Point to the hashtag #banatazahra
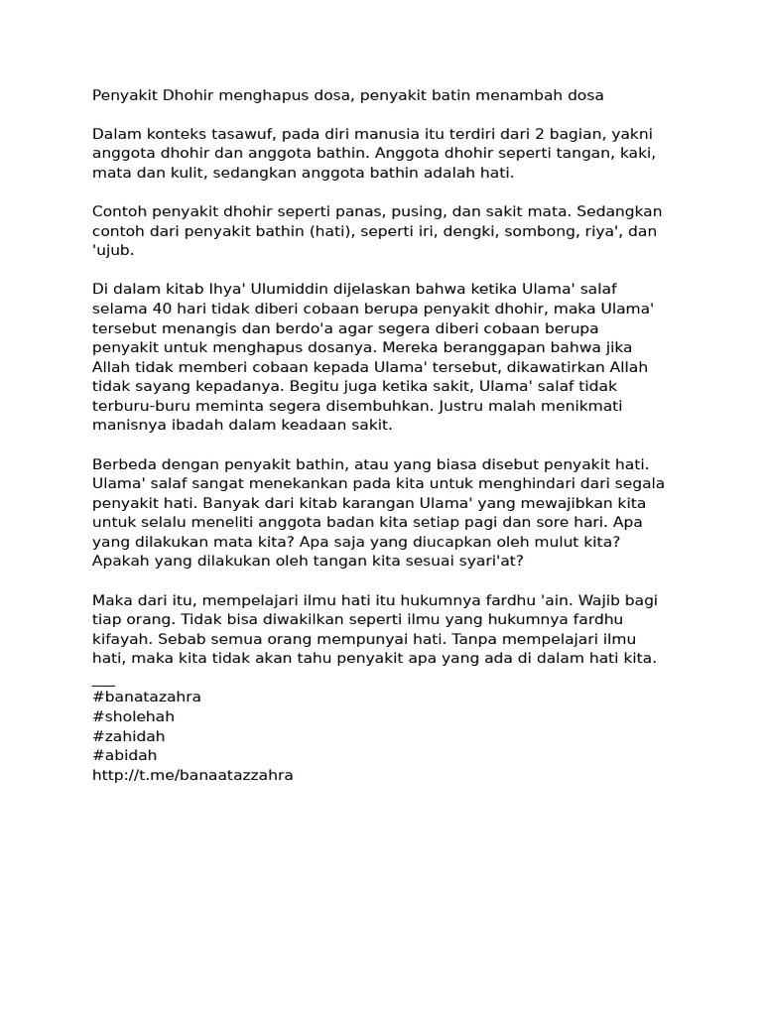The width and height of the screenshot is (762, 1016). point(146,697)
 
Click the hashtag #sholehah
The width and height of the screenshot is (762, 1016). point(133,716)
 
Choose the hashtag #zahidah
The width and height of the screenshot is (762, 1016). point(128,736)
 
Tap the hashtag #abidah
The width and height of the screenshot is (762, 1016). point(124,755)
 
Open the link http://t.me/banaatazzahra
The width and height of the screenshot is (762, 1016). point(192,775)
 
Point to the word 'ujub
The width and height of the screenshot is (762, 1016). point(112,250)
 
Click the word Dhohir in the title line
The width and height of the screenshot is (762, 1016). point(189,95)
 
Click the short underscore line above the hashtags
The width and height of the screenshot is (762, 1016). point(103,683)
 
